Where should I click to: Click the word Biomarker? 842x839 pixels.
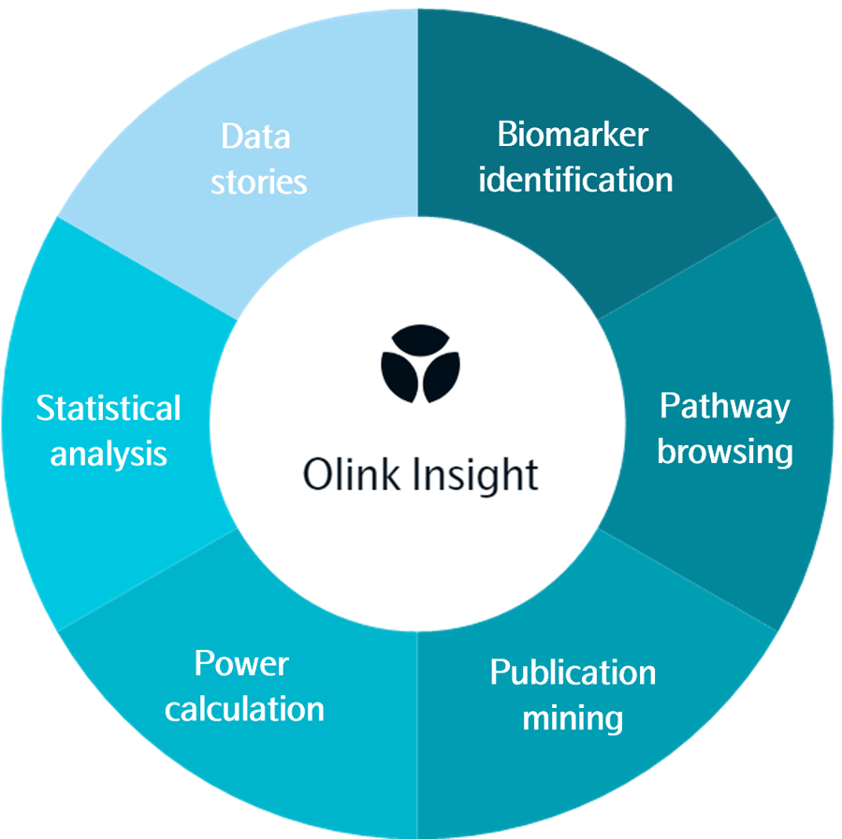(x=573, y=135)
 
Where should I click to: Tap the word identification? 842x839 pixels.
(x=575, y=179)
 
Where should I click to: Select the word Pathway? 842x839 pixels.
(x=724, y=406)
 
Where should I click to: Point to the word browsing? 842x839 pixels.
(x=724, y=451)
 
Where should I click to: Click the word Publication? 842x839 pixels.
(x=573, y=673)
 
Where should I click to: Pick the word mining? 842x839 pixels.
(x=573, y=718)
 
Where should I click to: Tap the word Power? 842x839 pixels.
(x=241, y=664)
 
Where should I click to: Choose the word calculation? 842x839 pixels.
(x=244, y=708)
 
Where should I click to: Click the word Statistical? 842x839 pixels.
(x=109, y=409)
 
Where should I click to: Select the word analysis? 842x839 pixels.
(x=109, y=454)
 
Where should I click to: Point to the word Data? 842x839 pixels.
(x=255, y=137)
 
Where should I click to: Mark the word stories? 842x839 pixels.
(x=258, y=181)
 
